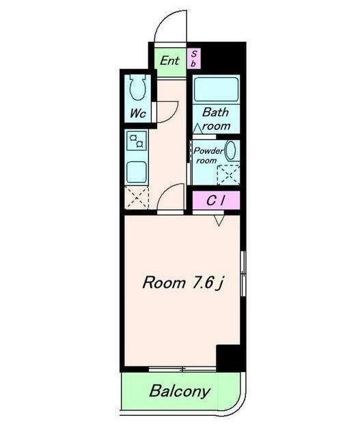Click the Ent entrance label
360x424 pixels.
[169, 61]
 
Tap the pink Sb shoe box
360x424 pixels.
[193, 59]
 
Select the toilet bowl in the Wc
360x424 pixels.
[138, 88]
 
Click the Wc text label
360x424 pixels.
[138, 113]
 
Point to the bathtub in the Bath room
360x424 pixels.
[216, 90]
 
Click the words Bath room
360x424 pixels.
[215, 119]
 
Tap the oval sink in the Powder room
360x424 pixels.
[231, 151]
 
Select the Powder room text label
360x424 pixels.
[208, 155]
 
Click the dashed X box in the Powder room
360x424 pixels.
[228, 174]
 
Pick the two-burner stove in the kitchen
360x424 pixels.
[137, 141]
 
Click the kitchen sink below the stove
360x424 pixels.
[137, 172]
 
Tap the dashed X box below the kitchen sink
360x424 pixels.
[137, 198]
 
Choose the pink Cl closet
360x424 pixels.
[216, 200]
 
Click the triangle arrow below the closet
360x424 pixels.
[219, 220]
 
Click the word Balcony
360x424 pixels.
[180, 391]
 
